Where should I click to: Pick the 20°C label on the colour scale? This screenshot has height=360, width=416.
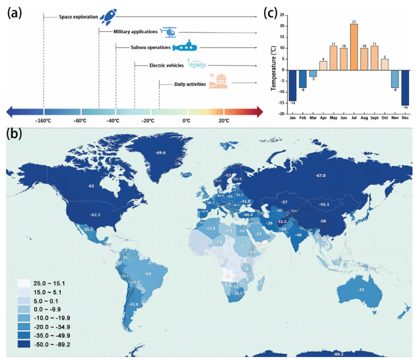pyautogui.click(x=224, y=120)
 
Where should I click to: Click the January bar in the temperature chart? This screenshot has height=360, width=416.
pyautogui.click(x=293, y=85)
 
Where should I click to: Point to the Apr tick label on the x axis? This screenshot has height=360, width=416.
pyautogui.click(x=324, y=117)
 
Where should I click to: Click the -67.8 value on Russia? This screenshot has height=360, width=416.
pyautogui.click(x=320, y=176)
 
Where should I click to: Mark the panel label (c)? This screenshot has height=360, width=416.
pyautogui.click(x=271, y=12)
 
